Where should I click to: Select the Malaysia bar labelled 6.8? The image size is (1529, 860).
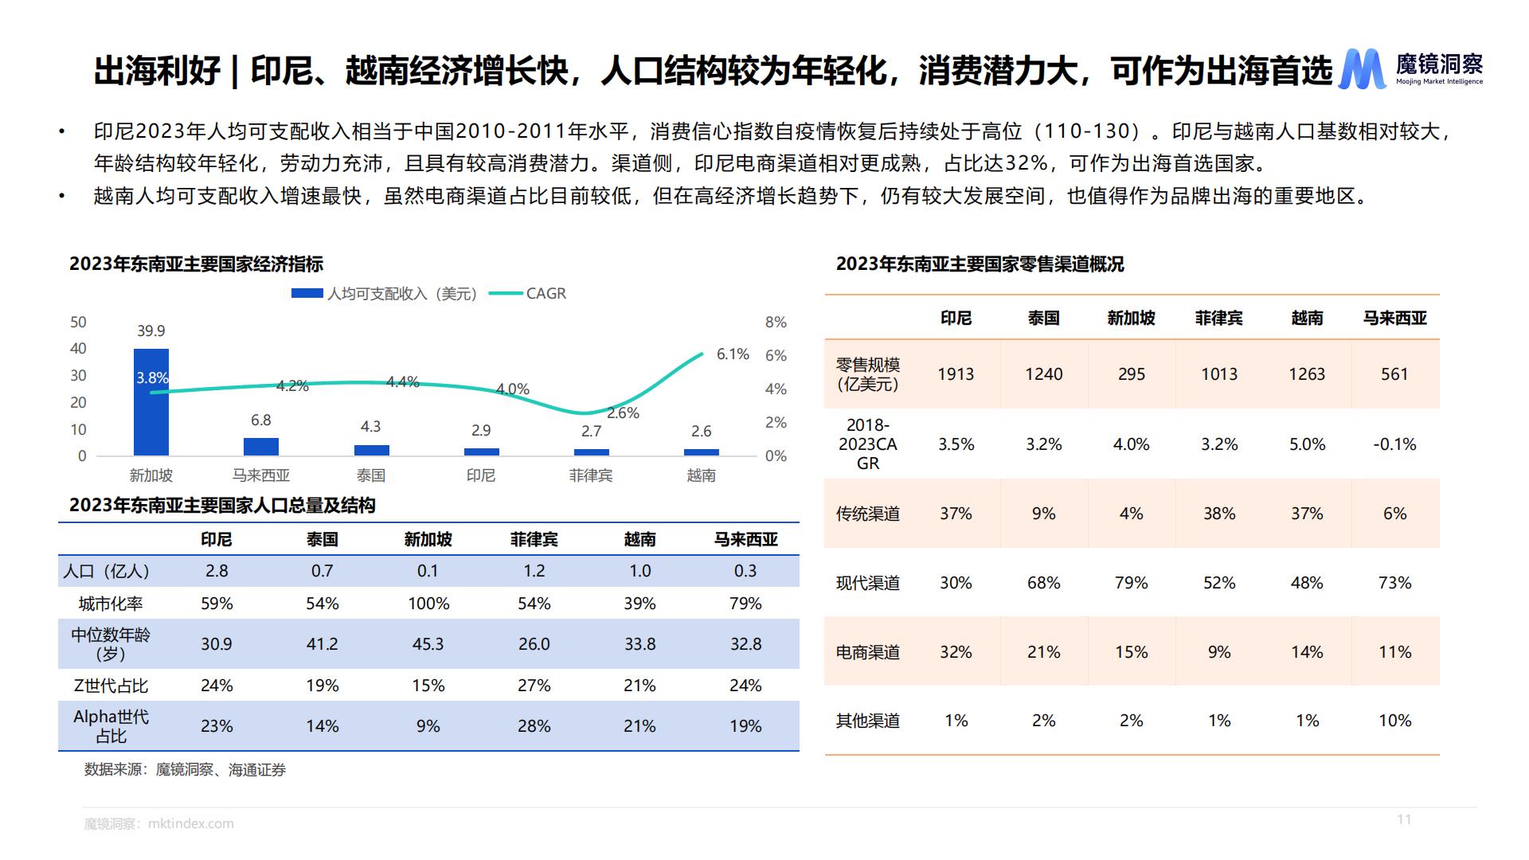coord(261,447)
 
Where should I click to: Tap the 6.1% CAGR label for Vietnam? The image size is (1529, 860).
coord(733,354)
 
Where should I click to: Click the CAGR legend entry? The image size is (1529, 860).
coord(546,294)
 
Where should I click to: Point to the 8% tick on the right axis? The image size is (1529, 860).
coord(776,322)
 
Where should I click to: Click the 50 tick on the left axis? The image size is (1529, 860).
coord(78,322)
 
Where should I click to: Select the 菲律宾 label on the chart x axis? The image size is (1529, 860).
coord(591,475)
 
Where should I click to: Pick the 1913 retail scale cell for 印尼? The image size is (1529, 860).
coord(956,374)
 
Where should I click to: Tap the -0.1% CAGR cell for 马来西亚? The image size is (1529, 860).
coord(1394,444)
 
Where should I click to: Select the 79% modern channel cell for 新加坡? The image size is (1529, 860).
coord(1131,583)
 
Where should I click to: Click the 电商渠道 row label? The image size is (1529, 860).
coord(867,652)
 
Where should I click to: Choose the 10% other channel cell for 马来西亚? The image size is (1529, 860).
coord(1394,721)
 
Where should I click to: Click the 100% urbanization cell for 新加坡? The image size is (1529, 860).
coord(428,604)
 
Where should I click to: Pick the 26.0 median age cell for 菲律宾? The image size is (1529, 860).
coord(534,644)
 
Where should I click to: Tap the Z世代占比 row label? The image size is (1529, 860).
coord(111,686)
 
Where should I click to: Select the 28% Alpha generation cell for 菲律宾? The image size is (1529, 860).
coord(534,726)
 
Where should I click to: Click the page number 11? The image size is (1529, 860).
coord(1404,819)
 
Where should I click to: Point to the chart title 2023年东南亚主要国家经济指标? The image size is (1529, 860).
coord(196,264)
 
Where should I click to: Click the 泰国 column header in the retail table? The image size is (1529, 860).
coord(1043,319)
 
